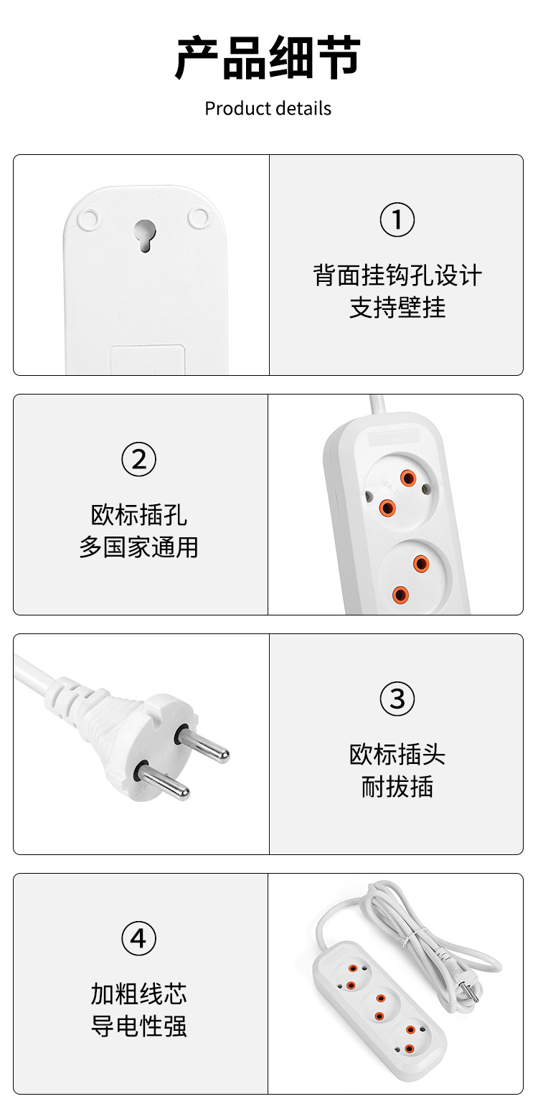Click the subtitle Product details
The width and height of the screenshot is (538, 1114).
(x=268, y=108)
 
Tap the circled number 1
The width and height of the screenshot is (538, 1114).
(x=397, y=220)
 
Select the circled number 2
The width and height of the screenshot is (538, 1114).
(x=138, y=459)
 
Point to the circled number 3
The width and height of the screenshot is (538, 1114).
(x=397, y=699)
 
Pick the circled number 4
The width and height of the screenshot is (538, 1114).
(x=138, y=938)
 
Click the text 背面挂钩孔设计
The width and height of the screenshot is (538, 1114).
(x=397, y=275)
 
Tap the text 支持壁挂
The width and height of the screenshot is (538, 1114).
(x=397, y=308)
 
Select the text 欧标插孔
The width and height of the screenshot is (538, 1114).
(x=138, y=515)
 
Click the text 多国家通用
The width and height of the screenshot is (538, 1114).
(x=138, y=547)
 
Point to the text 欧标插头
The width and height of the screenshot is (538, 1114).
(x=397, y=755)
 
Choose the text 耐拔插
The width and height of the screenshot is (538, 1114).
(x=397, y=787)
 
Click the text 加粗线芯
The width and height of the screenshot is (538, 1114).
(x=138, y=994)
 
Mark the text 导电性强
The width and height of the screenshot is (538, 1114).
(x=138, y=1026)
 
